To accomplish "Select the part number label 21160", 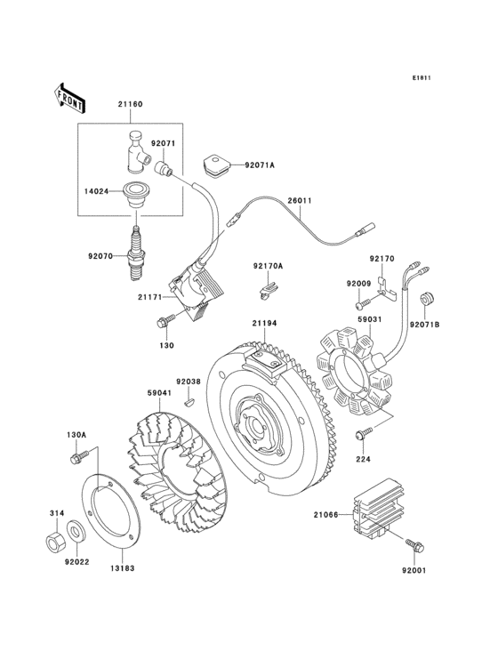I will coord(131,105).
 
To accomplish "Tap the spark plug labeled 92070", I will coord(136,252).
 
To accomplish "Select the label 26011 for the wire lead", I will coord(299,201).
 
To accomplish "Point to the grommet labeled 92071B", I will coord(426,298).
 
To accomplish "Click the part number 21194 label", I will coord(264,324).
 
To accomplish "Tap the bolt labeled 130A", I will coord(75,457).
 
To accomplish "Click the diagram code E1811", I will coord(422,77).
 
